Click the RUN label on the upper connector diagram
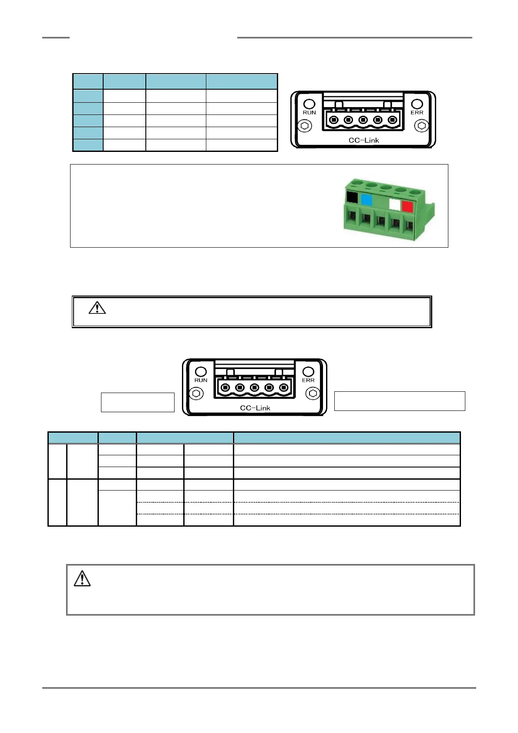coord(309,112)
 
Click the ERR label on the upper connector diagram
coord(417,112)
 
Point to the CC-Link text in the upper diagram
coord(363,140)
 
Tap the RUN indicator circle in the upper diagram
coord(309,104)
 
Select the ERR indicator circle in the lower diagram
coord(308,371)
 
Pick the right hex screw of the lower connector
coord(313,393)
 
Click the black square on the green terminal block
coord(352,198)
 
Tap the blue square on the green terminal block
coord(367,200)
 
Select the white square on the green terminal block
coord(395,204)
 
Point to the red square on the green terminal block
coord(407,206)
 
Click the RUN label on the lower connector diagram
coord(201,380)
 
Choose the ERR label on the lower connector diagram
coord(308,380)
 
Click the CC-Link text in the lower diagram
coord(255,408)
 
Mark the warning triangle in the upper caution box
coord(97,308)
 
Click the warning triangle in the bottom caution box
coord(82,578)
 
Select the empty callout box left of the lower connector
coord(138,402)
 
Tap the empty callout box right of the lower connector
coord(399,401)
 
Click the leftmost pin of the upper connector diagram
coord(334,120)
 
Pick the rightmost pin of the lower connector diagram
coord(284,387)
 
